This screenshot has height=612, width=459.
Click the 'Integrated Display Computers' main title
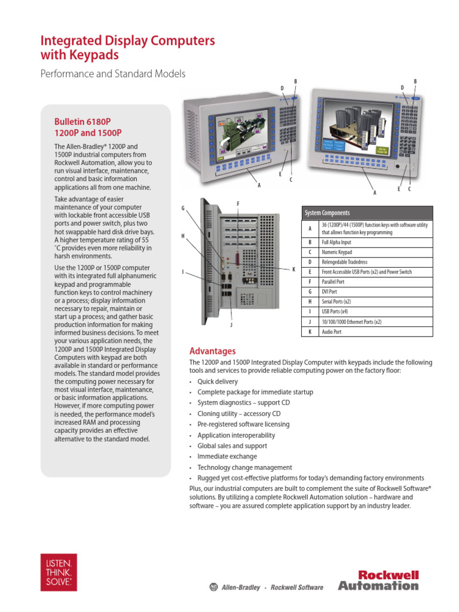127,41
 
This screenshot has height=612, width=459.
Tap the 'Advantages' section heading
212,351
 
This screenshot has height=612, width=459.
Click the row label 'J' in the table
310,322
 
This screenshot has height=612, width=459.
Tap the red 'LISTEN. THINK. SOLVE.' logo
59,572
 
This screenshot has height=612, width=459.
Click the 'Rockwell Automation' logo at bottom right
378,580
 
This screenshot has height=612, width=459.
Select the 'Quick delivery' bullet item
218,381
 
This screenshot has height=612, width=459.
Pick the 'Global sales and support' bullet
232,446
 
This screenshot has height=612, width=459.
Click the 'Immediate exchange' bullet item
227,457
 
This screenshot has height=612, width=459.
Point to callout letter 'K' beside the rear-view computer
294,270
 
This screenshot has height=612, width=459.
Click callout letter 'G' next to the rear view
183,207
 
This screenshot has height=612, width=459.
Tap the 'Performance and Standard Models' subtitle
112,74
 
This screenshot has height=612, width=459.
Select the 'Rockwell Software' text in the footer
296,587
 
